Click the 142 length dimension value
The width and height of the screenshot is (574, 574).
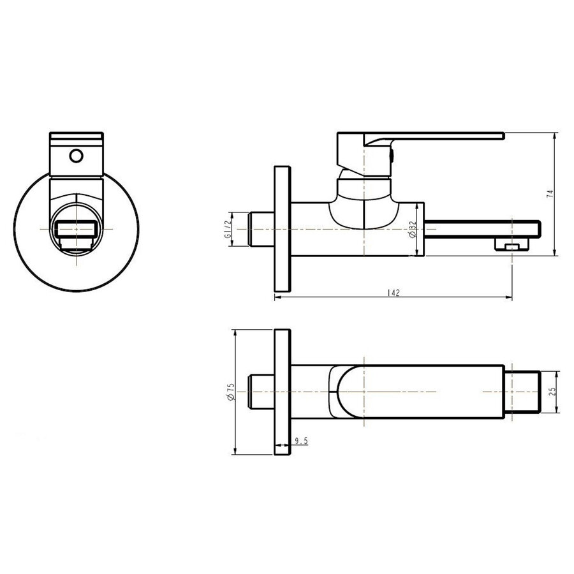394,293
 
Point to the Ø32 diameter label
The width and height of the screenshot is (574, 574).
413,229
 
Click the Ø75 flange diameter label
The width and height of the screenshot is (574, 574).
231,392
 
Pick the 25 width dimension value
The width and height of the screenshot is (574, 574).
552,391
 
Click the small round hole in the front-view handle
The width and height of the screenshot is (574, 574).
76,155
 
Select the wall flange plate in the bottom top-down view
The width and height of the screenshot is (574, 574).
283,392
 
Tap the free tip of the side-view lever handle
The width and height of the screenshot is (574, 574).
501,135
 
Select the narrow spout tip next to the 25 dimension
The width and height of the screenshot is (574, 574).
525,391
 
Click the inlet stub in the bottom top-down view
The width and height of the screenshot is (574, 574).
261,392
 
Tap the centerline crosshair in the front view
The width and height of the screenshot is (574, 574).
75,228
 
